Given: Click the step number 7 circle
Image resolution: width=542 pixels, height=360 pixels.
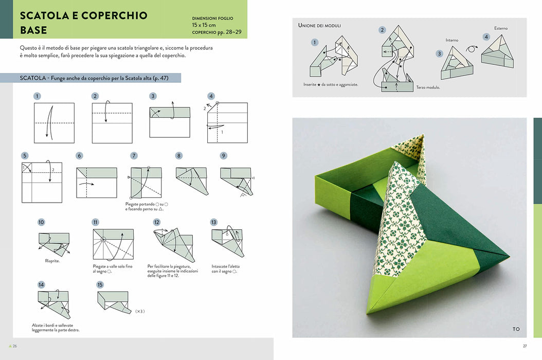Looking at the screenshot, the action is (x=134, y=156).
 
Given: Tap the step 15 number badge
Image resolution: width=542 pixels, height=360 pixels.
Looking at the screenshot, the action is (x=100, y=284).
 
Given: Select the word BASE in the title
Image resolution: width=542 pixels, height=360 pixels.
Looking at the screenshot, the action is (x=33, y=30).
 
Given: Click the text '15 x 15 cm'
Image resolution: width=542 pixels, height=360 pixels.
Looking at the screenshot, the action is (x=204, y=25).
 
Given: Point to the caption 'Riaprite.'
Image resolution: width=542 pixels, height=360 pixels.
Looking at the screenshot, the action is (x=52, y=261).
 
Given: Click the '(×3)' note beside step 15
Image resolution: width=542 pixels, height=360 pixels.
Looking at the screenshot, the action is (x=140, y=311).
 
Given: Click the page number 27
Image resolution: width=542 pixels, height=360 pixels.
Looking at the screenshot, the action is (x=525, y=346).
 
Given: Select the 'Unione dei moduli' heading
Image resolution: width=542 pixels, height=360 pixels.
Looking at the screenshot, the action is (x=319, y=25).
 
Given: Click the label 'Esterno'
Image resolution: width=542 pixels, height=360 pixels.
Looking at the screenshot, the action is (x=501, y=28).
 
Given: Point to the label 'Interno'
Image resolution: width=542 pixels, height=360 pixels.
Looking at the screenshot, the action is (x=452, y=40).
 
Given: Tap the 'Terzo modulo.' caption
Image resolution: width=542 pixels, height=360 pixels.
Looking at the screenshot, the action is (x=428, y=87).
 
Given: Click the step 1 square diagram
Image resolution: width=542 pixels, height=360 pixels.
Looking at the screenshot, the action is (x=54, y=123).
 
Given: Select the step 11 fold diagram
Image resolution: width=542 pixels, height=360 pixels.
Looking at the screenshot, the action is (x=113, y=244).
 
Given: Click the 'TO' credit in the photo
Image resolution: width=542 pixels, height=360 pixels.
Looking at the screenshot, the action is (x=516, y=329).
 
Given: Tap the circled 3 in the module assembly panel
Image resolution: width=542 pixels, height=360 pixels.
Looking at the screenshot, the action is (x=439, y=53).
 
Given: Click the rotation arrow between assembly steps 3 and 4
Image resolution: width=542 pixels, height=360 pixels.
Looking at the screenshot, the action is (x=472, y=49).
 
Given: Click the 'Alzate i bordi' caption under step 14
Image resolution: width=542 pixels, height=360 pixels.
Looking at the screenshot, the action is (x=56, y=328).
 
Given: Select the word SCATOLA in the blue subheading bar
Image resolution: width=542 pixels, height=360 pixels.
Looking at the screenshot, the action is (x=33, y=78).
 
